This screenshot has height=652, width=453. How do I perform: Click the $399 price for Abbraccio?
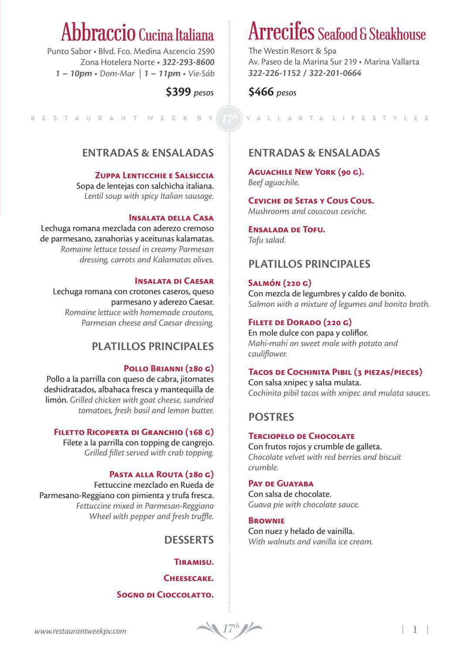(x=178, y=92)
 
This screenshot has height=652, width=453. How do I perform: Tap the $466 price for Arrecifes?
(x=261, y=92)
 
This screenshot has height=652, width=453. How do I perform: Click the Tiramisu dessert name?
(x=194, y=562)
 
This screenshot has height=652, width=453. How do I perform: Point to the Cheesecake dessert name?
(x=189, y=578)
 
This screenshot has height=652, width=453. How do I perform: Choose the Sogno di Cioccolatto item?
(x=165, y=595)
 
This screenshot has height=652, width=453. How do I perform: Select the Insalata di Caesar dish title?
(x=174, y=281)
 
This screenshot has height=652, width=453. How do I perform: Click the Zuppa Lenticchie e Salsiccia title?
(x=154, y=176)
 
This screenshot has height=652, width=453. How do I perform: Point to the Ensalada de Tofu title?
(x=287, y=229)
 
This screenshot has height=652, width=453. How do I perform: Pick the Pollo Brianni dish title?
(x=169, y=368)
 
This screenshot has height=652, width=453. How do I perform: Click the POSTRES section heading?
(x=271, y=417)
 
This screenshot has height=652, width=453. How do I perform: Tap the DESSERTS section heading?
(x=189, y=540)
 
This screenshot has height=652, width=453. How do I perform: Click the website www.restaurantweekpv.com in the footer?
(x=81, y=631)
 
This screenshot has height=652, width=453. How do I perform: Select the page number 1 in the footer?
(x=415, y=629)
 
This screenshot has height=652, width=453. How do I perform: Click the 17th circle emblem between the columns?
(x=230, y=118)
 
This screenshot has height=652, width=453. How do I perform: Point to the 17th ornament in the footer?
(x=230, y=629)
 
